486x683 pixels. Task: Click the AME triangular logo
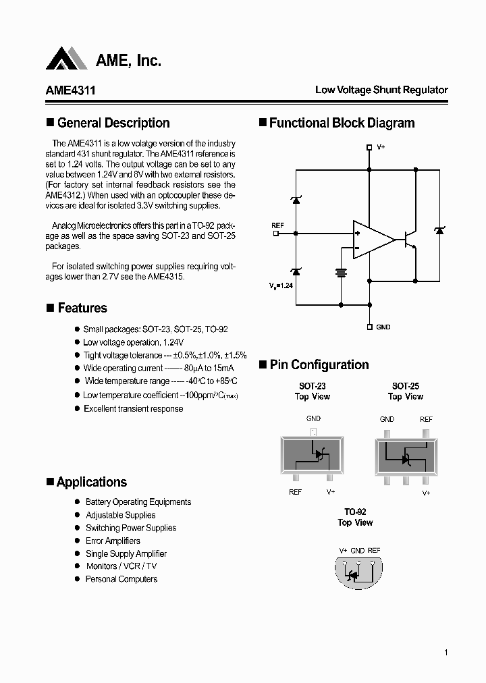67,59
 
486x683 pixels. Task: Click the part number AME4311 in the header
65,90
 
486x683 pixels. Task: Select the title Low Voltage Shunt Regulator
381,90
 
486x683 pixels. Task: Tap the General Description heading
113,123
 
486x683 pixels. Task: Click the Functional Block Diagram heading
342,123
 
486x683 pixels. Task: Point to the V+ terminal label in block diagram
381,146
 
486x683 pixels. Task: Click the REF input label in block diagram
277,225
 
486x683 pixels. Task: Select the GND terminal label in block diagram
383,327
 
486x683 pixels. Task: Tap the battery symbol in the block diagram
341,273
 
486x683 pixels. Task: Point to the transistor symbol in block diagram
409,240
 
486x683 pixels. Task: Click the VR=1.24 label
281,285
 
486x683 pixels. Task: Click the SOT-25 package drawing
406,455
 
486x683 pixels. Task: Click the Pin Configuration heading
319,364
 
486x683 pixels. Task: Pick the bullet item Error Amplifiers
113,541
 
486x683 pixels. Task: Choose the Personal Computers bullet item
121,579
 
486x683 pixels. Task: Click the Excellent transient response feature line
133,409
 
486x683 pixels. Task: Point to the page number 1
446,652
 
